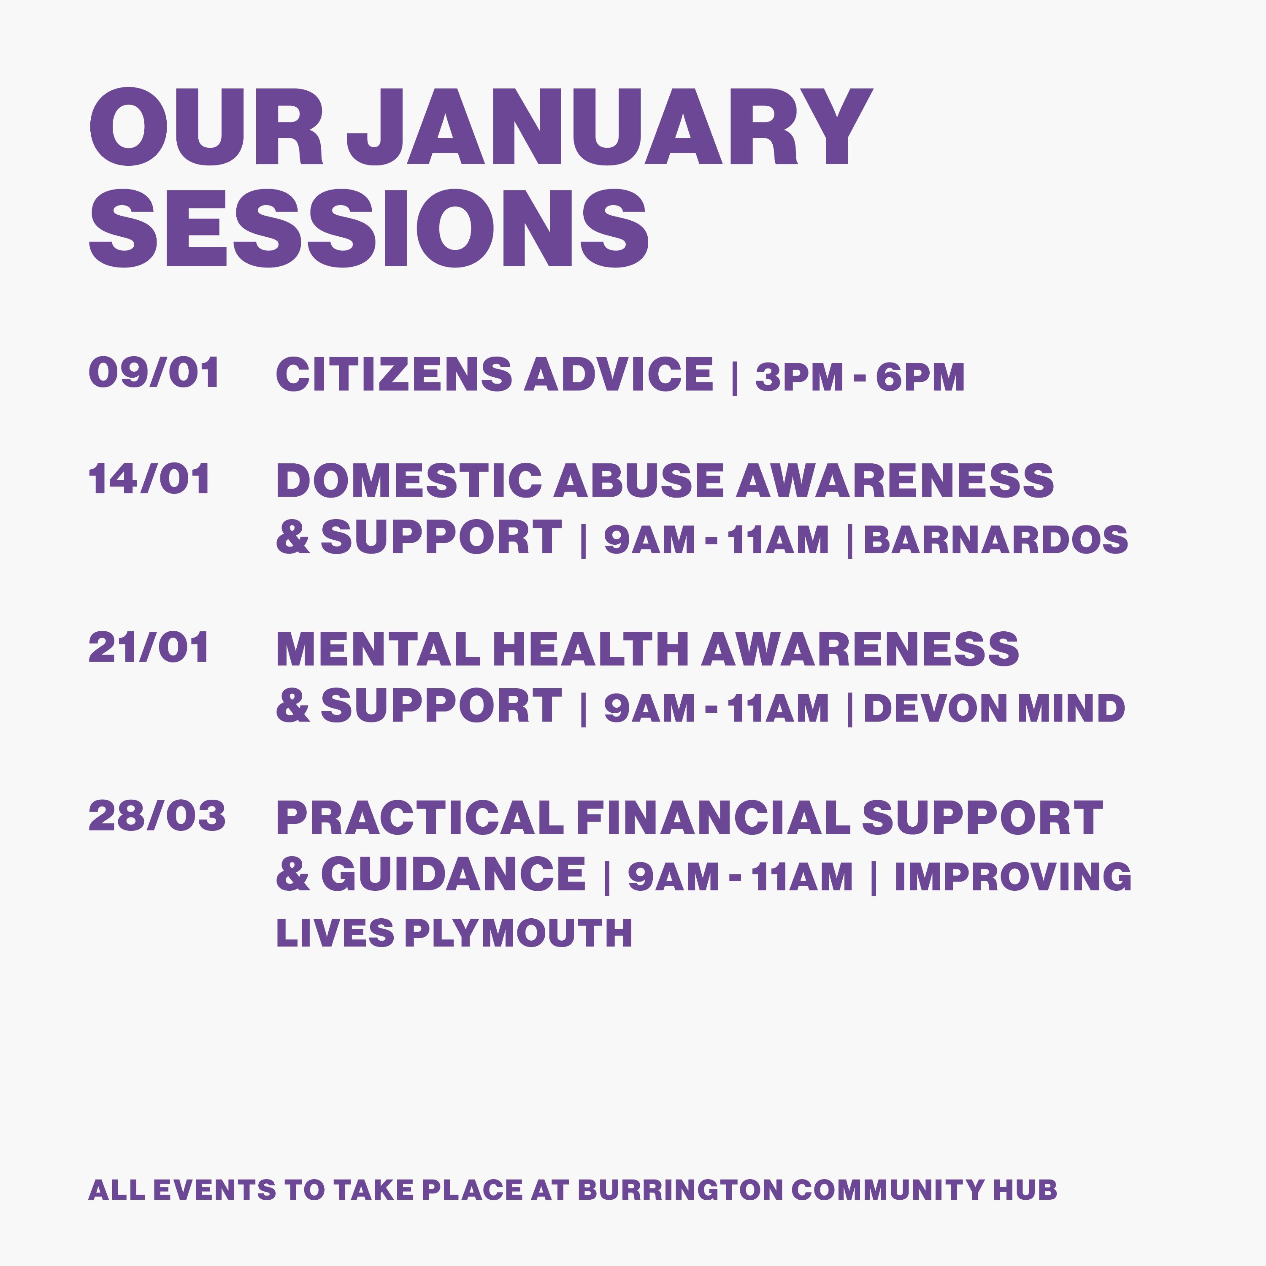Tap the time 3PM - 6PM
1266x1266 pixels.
[x=860, y=377]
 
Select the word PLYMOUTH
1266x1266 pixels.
[x=518, y=933]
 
